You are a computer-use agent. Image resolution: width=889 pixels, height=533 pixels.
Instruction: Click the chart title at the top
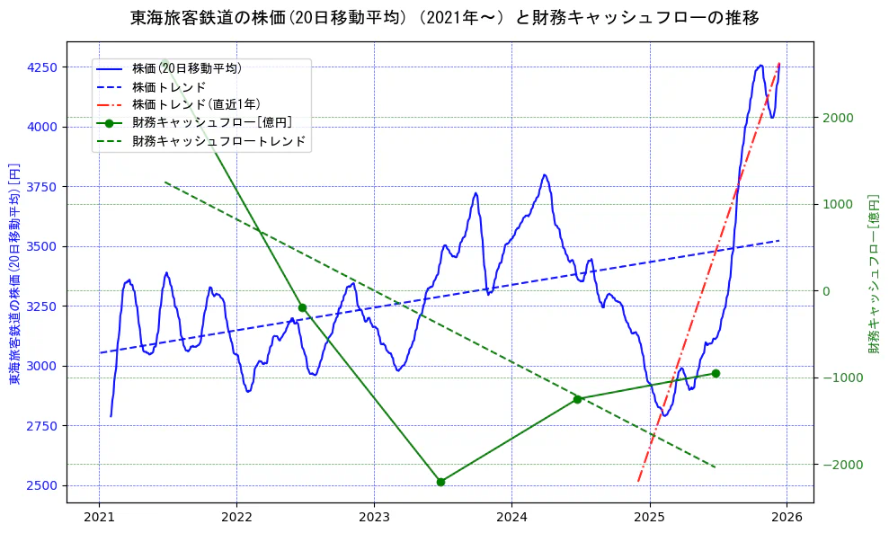444,18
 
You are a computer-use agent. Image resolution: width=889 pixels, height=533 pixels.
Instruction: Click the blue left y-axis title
14,273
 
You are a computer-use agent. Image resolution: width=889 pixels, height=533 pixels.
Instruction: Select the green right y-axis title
873,273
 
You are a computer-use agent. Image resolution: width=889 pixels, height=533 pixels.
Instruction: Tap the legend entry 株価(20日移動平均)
186,67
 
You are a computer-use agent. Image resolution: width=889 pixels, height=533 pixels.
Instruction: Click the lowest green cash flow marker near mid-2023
440,482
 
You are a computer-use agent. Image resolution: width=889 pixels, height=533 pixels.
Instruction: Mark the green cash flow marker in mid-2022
302,307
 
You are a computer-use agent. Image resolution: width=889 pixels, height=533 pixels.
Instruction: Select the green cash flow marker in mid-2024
578,399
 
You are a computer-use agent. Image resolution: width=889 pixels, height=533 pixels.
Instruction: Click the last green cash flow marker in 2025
716,373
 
